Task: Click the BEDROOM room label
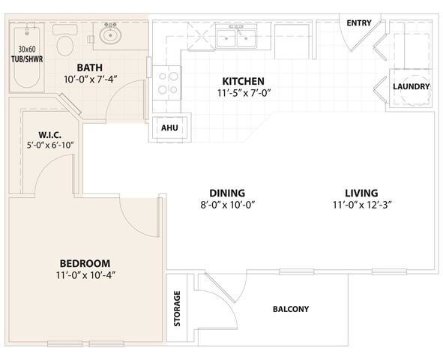[85, 263]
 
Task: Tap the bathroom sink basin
[110, 35]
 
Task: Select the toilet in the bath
[65, 40]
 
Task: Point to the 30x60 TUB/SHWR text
[27, 54]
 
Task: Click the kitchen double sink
[236, 37]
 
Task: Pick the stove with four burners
[166, 82]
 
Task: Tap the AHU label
[169, 128]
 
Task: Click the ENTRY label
[359, 23]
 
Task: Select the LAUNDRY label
[411, 86]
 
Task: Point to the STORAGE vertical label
[177, 308]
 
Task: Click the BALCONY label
[291, 309]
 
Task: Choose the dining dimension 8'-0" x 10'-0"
[228, 205]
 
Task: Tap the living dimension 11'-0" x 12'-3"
[361, 205]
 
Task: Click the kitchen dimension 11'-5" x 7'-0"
[244, 93]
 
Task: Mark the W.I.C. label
[49, 134]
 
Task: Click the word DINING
[227, 193]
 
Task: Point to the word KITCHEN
[244, 82]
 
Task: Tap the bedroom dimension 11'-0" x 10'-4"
[86, 275]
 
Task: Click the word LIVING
[361, 193]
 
